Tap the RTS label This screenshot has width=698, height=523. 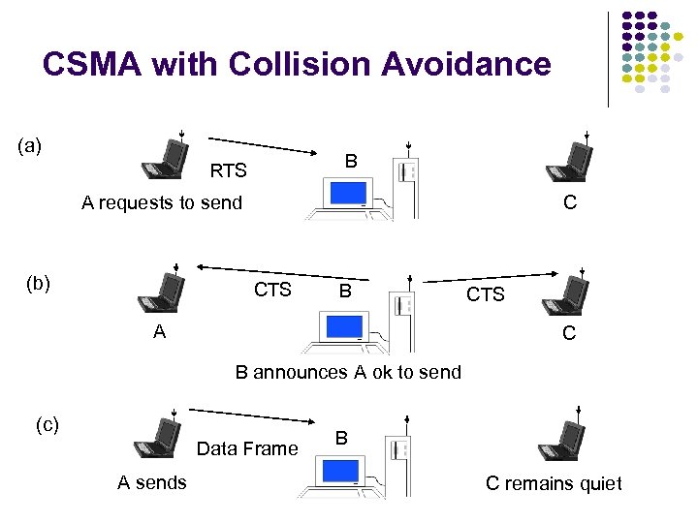pos(229,171)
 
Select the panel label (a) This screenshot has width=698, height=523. pos(30,146)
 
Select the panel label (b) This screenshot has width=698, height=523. pos(38,284)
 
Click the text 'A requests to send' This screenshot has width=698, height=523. pos(162,202)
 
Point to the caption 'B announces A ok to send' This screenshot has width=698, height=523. pos(348,372)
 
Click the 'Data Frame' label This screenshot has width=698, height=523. pos(247,448)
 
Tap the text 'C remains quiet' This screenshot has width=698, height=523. pos(554,483)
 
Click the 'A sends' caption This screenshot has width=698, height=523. pos(152,482)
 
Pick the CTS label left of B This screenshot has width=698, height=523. pos(272,290)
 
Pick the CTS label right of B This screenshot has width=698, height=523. pos(485,294)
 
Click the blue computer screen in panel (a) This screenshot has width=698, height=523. pos(346,193)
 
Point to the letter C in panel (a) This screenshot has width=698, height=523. pos(569,202)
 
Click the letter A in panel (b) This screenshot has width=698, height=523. pos(159,331)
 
